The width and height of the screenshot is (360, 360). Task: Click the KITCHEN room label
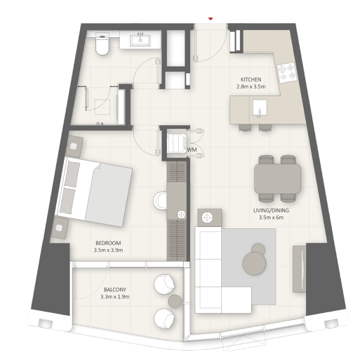251,80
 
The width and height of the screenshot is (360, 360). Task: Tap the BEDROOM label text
108,243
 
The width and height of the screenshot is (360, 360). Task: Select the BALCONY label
115,290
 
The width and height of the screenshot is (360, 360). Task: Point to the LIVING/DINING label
271,210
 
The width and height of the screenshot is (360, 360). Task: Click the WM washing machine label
192,150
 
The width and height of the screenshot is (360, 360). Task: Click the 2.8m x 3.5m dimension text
251,87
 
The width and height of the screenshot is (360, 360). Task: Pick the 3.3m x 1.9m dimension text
115,297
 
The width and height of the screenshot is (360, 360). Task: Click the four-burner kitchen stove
287,73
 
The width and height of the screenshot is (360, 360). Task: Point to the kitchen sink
260,107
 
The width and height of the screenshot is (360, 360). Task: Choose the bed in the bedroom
94,191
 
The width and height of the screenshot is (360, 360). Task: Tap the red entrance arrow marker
210,19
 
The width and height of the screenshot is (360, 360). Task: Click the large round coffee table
254,263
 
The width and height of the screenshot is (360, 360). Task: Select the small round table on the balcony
175,301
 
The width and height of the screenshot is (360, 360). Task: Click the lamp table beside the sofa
210,217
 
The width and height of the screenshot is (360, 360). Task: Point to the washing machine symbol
177,143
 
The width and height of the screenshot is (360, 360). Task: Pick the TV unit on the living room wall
300,269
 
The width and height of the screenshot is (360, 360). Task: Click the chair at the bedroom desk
160,201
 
